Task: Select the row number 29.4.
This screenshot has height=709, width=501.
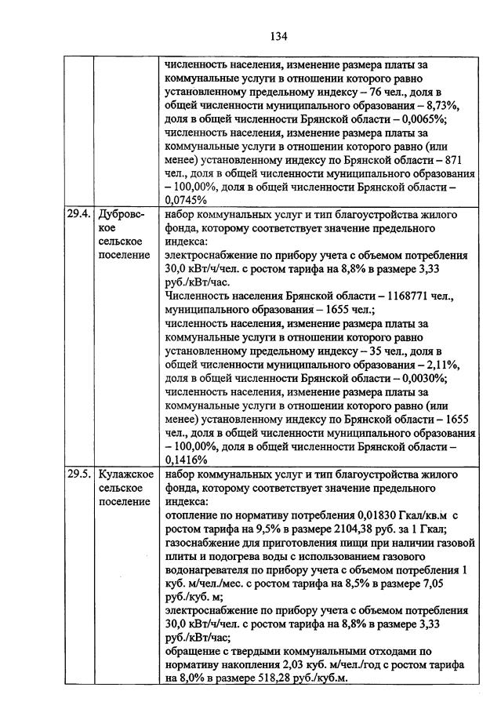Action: click(78, 214)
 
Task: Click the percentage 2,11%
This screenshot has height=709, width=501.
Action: click(441, 365)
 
